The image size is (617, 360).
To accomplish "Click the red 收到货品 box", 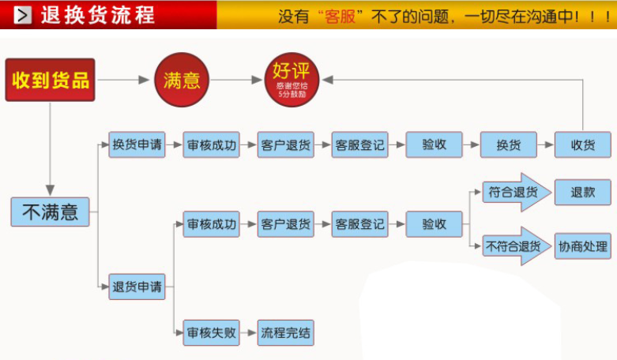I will click(x=50, y=80).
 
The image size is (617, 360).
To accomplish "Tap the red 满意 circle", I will click(x=182, y=80).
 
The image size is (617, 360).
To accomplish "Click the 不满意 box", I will click(x=50, y=211).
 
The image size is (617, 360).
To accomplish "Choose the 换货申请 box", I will click(x=137, y=144).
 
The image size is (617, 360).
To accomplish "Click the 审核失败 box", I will click(x=211, y=332).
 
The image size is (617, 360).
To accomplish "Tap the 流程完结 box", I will click(x=285, y=332).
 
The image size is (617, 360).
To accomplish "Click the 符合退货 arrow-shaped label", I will click(x=514, y=192).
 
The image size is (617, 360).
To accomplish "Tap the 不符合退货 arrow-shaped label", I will click(x=514, y=246).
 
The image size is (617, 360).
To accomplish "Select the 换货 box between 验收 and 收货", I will click(x=509, y=144).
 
